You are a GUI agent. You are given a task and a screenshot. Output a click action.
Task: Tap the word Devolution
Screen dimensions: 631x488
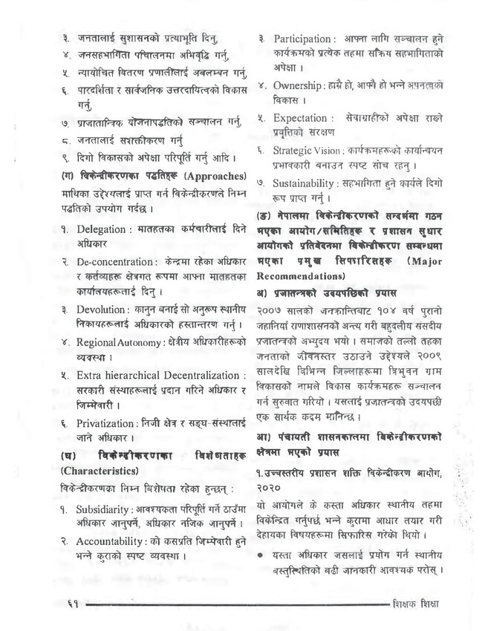click(x=105, y=308)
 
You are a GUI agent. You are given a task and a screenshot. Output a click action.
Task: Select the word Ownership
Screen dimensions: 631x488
click(x=298, y=85)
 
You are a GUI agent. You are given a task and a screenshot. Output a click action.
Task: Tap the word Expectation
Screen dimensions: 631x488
click(x=300, y=117)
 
